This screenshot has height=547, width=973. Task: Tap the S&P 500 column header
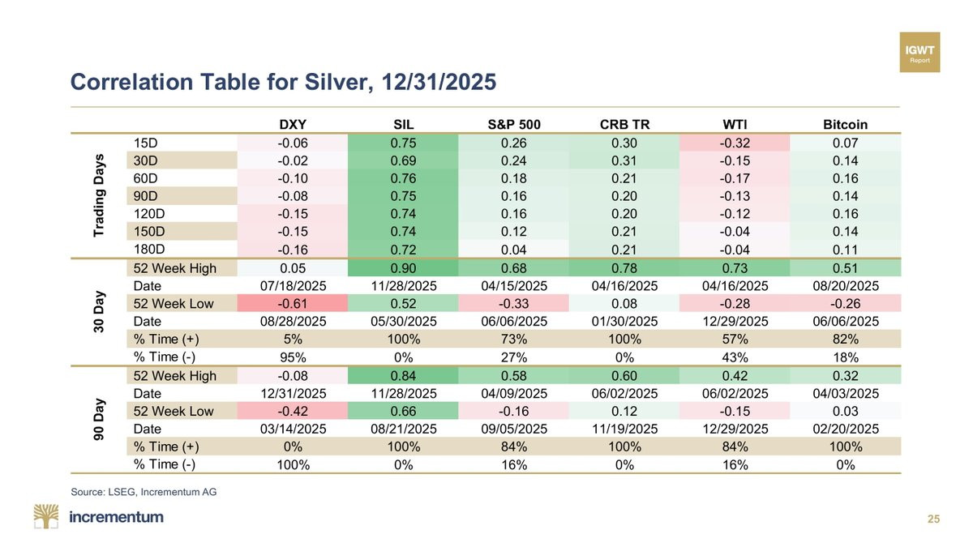pos(514,125)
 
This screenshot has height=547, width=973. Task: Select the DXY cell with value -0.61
pos(293,304)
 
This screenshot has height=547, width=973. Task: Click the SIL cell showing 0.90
pos(403,268)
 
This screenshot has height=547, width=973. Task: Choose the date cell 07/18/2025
pos(293,286)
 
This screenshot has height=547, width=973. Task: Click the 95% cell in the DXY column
pos(293,357)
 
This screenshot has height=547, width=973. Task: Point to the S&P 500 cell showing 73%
pos(514,340)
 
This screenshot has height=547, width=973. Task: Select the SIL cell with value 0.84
pos(403,375)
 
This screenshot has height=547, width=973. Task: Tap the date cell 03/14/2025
pos(293,429)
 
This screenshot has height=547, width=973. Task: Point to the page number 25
pos(933,519)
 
